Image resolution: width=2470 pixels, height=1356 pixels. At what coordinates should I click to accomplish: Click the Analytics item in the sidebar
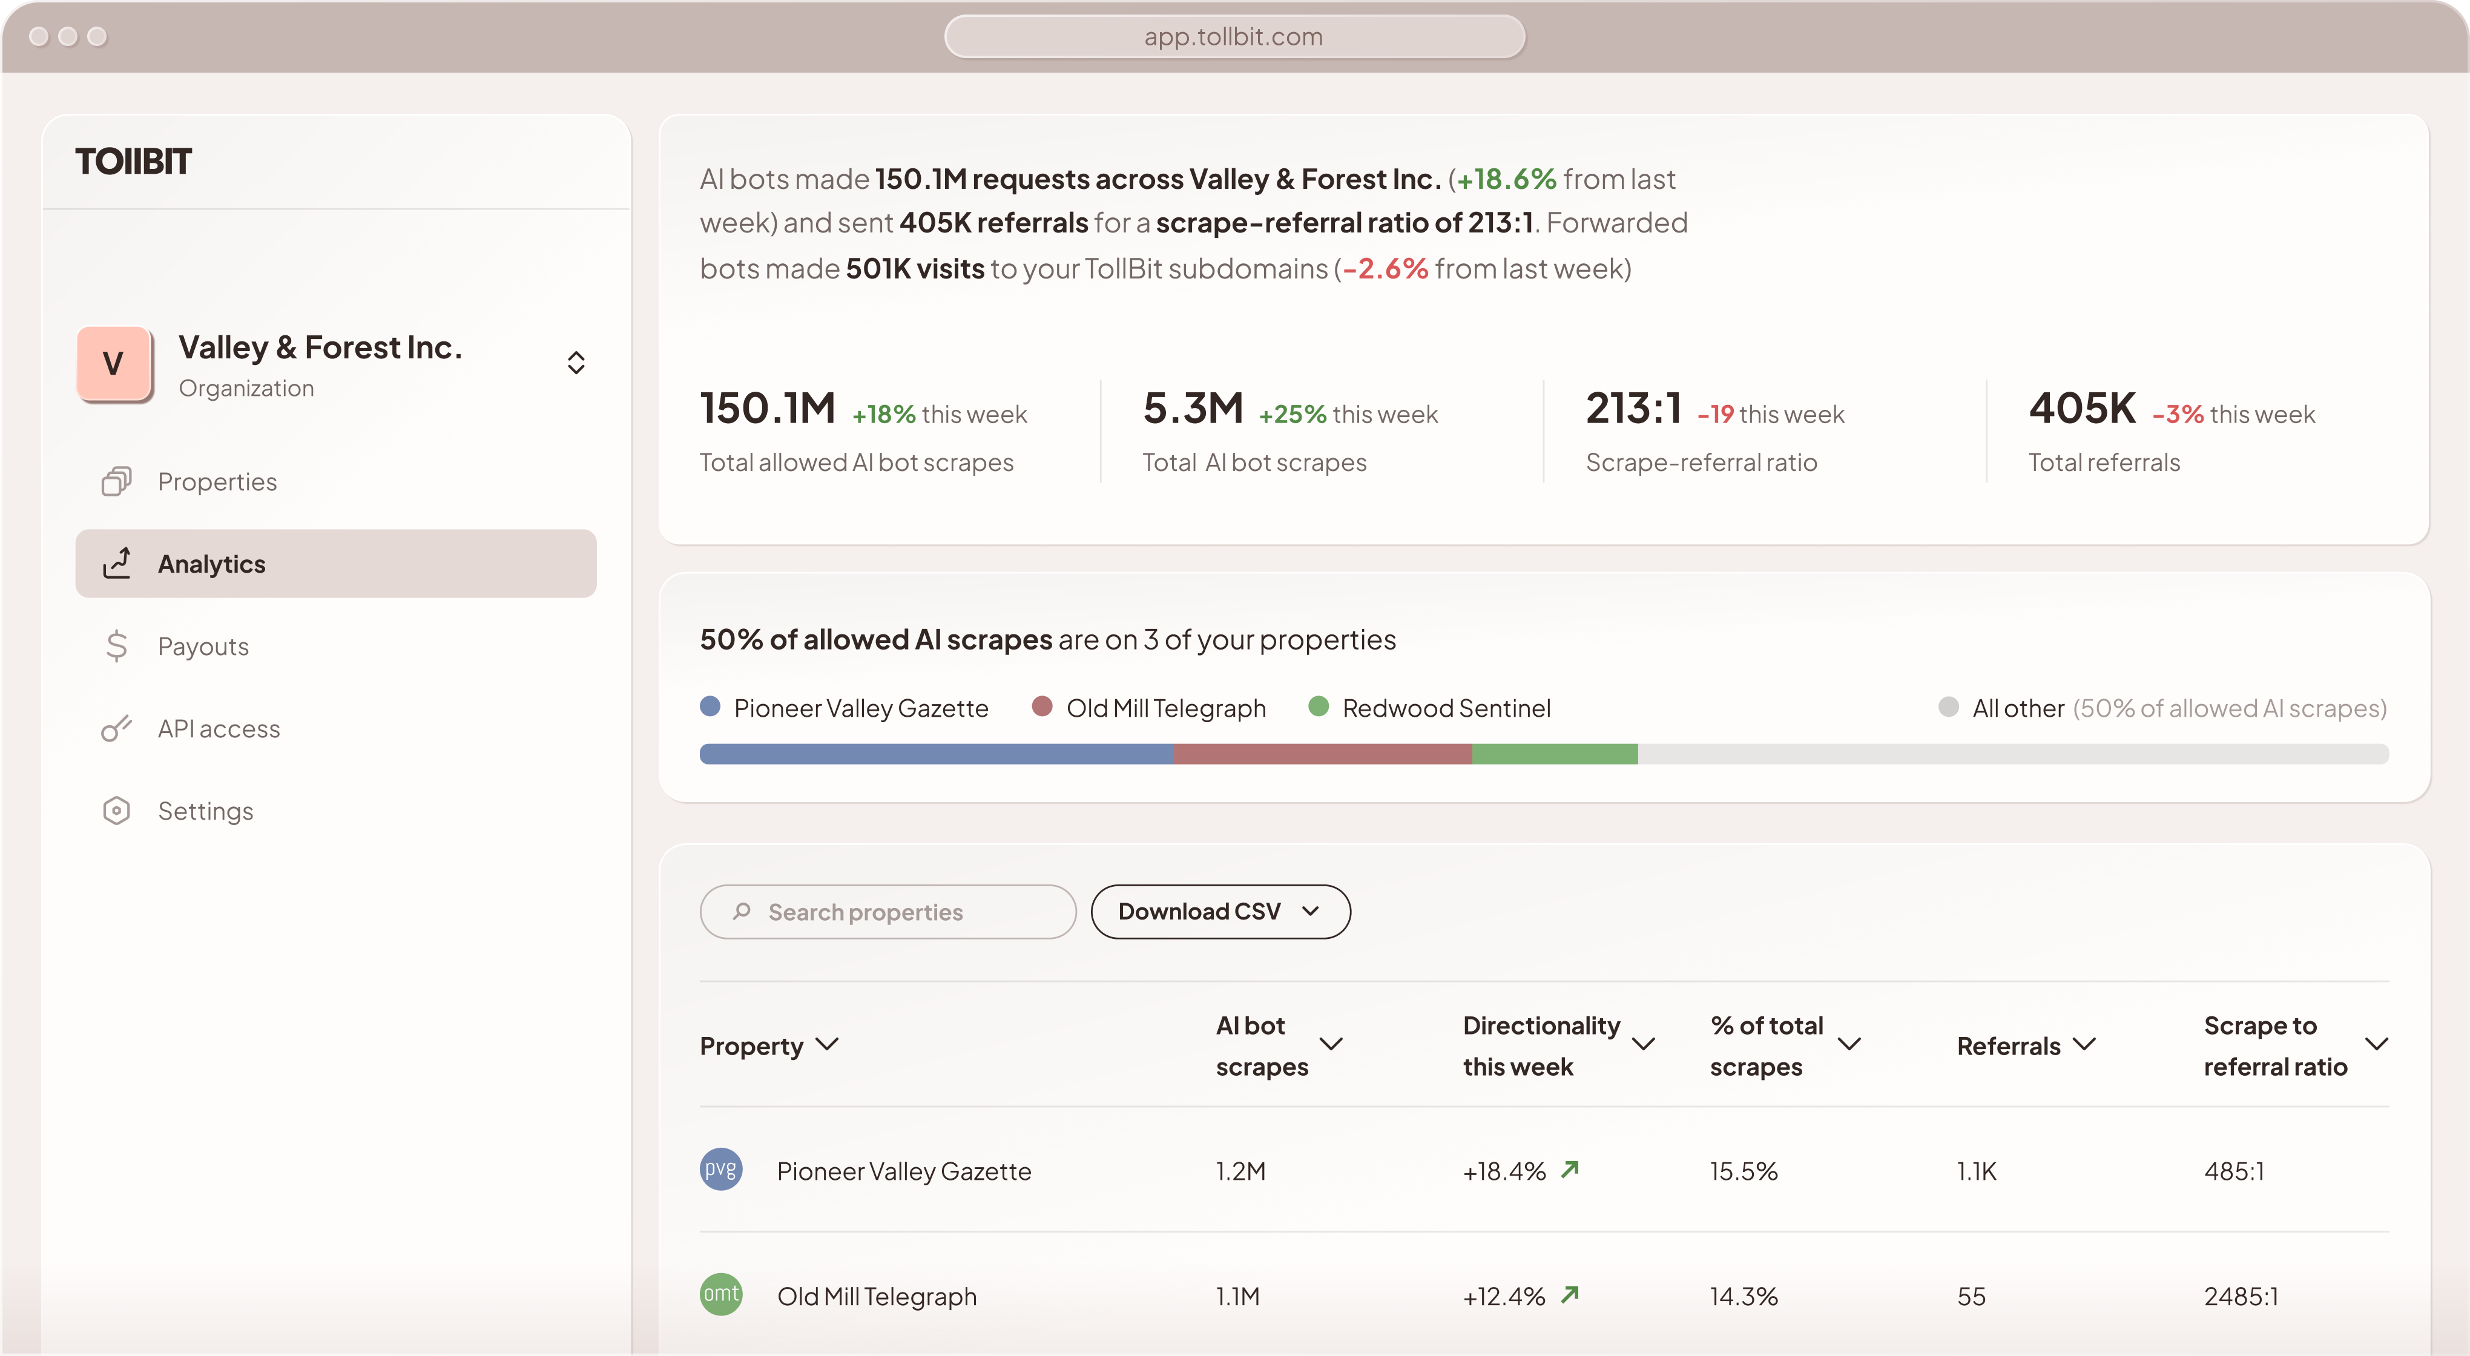(335, 564)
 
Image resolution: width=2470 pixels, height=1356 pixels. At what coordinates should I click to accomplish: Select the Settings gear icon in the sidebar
(116, 811)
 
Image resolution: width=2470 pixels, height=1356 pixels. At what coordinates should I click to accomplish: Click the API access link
(219, 729)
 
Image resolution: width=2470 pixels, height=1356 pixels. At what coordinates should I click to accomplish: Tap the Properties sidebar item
(217, 481)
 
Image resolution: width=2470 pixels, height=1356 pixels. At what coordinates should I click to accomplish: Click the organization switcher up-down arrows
(575, 363)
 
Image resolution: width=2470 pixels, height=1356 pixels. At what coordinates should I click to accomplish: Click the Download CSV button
(1220, 911)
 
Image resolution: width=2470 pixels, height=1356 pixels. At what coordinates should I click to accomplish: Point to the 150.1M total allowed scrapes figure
(767, 409)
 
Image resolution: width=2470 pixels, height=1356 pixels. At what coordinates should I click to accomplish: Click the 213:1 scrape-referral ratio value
(1633, 409)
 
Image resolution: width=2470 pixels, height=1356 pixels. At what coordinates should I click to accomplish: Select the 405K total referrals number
(2082, 409)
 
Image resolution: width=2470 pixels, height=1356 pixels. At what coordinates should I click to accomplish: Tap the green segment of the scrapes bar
(1554, 754)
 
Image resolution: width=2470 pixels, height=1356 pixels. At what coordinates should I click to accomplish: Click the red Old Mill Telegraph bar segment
(1322, 754)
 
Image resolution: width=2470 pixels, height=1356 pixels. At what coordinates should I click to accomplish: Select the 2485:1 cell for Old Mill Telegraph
(2240, 1297)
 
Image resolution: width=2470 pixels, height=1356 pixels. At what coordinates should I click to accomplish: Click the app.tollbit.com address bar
(1234, 36)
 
